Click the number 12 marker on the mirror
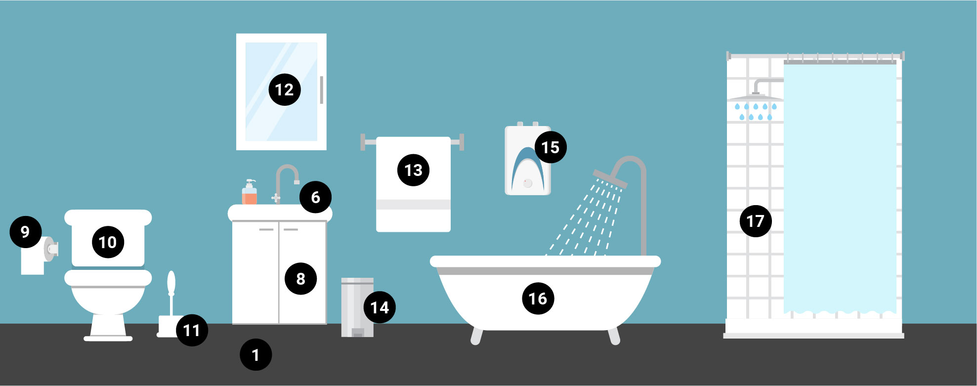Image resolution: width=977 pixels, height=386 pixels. click(285, 89)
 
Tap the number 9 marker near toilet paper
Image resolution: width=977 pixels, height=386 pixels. click(26, 232)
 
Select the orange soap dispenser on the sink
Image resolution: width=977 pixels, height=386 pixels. click(250, 194)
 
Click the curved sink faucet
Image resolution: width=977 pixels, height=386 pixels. click(287, 178)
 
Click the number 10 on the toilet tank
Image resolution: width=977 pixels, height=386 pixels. click(108, 242)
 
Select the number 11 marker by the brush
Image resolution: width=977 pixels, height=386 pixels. click(192, 330)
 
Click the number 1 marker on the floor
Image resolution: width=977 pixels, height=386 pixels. click(255, 355)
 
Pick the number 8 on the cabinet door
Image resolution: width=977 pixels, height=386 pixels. click(300, 279)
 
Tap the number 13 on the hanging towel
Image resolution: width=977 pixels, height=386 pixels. click(413, 170)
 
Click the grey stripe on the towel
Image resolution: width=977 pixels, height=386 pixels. click(413, 205)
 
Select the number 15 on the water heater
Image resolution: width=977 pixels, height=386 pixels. click(550, 147)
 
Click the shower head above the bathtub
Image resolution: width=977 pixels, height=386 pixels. click(610, 179)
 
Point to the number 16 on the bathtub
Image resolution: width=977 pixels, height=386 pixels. click(538, 299)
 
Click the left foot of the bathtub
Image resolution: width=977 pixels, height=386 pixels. click(476, 336)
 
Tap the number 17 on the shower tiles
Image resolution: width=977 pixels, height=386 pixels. click(755, 221)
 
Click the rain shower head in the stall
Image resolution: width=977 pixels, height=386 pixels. click(755, 97)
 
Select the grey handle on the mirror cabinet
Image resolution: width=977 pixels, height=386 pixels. click(322, 90)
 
